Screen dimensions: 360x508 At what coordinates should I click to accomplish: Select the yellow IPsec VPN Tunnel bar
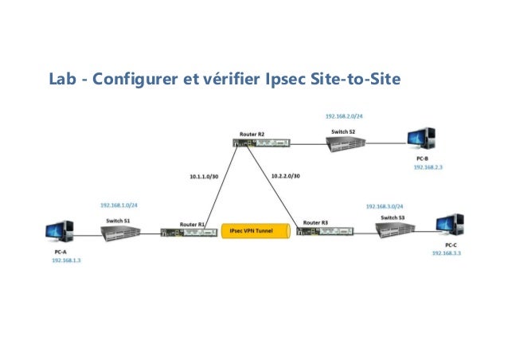(251, 231)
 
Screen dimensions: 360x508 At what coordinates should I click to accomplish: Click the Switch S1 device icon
(120, 231)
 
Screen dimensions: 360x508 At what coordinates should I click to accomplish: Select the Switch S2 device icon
(347, 143)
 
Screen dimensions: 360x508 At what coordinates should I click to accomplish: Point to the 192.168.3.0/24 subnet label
(385, 205)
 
